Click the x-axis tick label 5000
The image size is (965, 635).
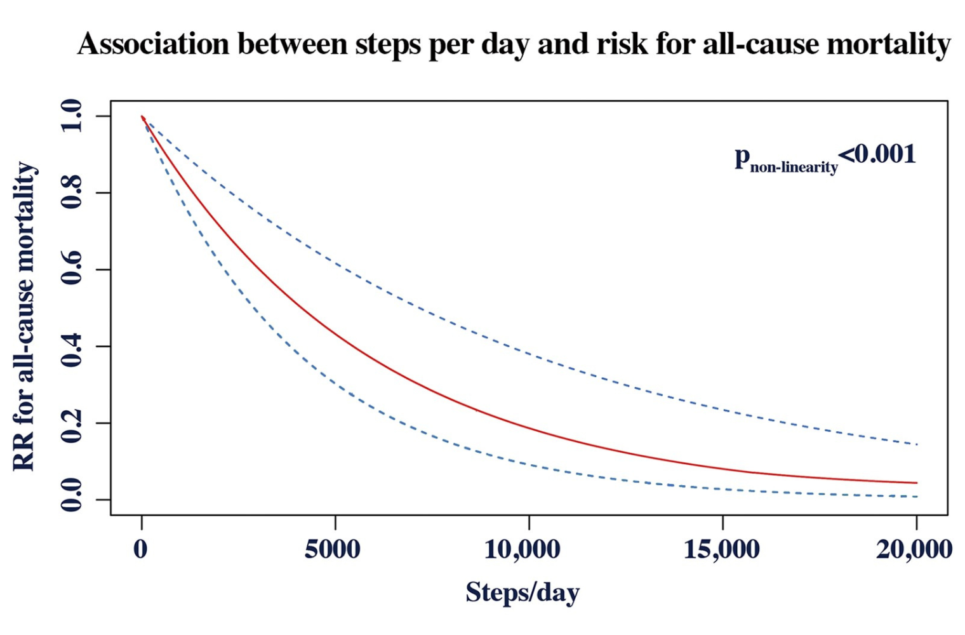333,549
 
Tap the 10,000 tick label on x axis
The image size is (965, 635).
522,549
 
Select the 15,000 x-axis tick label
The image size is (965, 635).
722,549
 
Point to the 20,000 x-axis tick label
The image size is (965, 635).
915,549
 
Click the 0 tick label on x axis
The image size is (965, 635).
140,549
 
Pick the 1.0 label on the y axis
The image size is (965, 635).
71,116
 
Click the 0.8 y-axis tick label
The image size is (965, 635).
71,192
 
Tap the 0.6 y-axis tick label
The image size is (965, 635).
71,269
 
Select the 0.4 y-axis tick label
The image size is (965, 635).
71,346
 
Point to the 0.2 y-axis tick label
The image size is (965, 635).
71,423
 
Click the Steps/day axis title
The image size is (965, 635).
522,592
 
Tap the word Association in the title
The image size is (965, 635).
153,44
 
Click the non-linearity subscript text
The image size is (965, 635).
794,168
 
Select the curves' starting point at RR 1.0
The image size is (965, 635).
142,117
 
